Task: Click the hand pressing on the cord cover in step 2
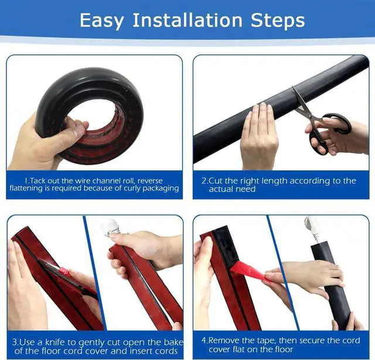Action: coord(258,135)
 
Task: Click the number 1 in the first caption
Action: coord(27,180)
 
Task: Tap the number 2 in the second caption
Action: coord(204,181)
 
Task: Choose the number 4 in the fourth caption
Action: coord(204,340)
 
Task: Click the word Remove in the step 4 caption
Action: coord(226,340)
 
